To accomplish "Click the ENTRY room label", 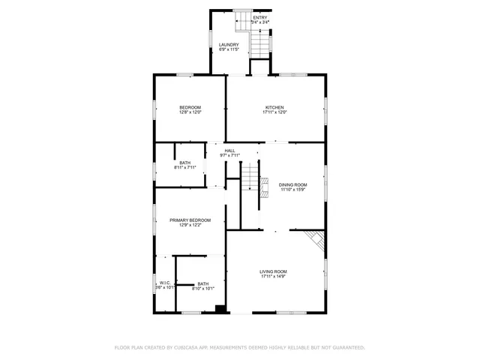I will click(x=260, y=18).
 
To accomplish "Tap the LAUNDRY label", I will click(x=229, y=45).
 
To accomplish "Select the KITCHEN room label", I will click(x=274, y=107).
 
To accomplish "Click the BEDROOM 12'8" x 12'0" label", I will click(x=190, y=107).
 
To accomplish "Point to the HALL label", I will click(x=229, y=150).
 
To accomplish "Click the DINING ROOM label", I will click(x=293, y=184).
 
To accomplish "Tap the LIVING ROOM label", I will click(x=274, y=271).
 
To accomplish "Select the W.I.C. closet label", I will click(x=164, y=283).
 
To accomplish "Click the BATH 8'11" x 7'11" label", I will click(x=184, y=163).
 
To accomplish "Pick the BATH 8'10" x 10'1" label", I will click(x=203, y=283).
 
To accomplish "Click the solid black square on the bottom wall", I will click(x=220, y=308).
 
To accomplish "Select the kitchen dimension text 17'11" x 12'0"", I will click(x=274, y=112).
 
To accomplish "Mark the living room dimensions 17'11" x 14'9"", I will click(x=274, y=277).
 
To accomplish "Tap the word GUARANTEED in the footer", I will click(x=347, y=348).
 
